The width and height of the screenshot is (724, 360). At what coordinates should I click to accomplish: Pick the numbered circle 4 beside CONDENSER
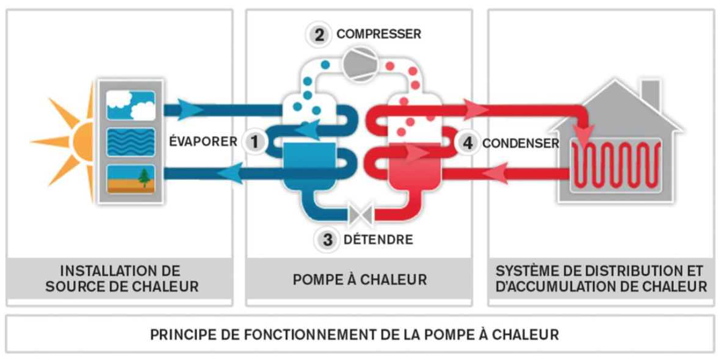pyautogui.click(x=467, y=143)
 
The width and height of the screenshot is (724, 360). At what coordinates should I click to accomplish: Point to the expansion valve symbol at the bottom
pyautogui.click(x=361, y=214)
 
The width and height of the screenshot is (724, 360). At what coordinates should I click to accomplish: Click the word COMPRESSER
pyautogui.click(x=378, y=35)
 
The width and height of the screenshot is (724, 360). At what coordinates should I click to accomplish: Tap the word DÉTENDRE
pyautogui.click(x=378, y=240)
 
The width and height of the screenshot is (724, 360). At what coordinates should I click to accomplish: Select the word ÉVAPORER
pyautogui.click(x=203, y=142)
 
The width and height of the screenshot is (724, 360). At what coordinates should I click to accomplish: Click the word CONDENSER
pyautogui.click(x=521, y=144)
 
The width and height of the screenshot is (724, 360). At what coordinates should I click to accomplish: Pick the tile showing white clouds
pyautogui.click(x=131, y=106)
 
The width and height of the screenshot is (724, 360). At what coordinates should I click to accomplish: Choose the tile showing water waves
pyautogui.click(x=131, y=143)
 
